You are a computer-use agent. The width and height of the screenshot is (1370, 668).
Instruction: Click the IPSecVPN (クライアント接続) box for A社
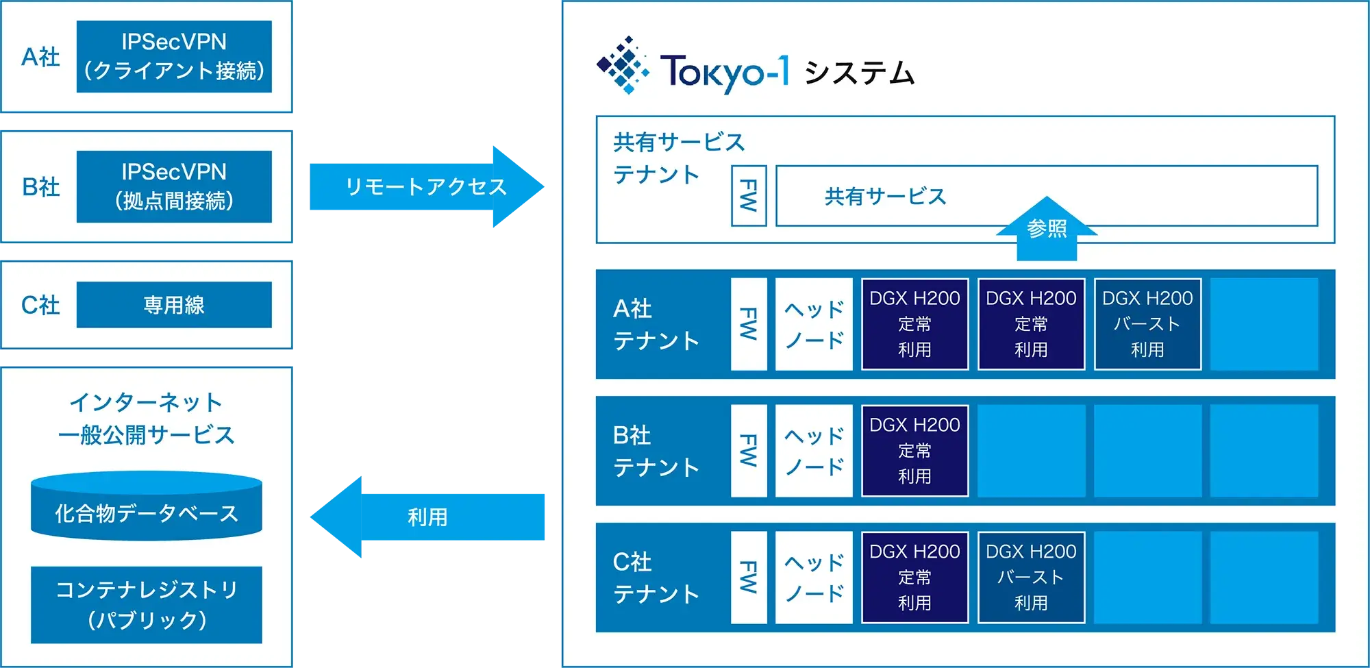point(174,56)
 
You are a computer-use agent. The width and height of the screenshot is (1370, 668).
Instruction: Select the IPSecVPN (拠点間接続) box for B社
point(174,186)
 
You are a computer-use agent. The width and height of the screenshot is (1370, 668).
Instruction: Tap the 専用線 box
point(174,305)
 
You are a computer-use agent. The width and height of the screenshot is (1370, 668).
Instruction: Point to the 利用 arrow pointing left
point(427,517)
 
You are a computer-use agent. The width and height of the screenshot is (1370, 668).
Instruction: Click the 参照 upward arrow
point(1047,230)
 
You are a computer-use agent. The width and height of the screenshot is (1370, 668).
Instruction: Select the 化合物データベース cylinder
point(147,507)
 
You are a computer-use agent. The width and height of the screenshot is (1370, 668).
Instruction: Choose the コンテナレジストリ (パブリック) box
point(147,604)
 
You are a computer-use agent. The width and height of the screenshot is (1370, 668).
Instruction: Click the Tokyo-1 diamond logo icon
point(622,65)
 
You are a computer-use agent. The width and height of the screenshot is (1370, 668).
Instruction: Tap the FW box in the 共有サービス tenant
point(749,196)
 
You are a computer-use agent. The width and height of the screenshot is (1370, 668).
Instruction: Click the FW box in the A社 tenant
point(749,324)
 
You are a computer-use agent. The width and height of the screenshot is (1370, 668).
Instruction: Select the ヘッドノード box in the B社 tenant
point(814,451)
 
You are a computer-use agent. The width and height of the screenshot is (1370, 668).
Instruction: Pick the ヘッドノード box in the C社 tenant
point(814,578)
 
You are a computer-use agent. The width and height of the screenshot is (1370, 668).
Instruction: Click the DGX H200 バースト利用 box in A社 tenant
point(1147,324)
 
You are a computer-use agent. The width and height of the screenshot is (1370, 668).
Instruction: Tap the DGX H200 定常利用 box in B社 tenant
point(914,451)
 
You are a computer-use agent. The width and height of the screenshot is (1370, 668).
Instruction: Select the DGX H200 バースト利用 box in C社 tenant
point(1031,578)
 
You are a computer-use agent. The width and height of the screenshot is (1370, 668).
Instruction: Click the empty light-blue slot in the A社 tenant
point(1264,324)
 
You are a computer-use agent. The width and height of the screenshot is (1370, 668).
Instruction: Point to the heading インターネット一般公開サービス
point(147,418)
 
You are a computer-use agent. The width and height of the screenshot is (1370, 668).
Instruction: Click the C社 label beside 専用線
point(40,305)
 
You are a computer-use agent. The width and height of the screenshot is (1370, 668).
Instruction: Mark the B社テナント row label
point(656,451)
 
